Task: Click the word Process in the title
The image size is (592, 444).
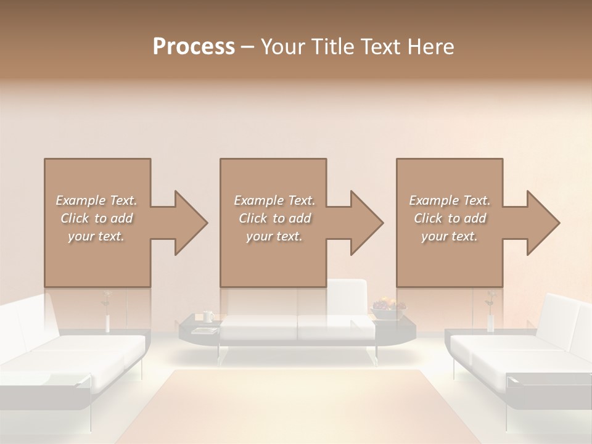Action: (x=194, y=46)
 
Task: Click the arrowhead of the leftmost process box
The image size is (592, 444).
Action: (x=188, y=223)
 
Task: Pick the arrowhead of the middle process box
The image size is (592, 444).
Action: (x=364, y=223)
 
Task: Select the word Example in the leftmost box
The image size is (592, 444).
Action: (x=80, y=200)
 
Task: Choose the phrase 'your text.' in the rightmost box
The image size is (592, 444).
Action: (x=450, y=236)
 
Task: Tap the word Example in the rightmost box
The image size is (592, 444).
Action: (x=434, y=200)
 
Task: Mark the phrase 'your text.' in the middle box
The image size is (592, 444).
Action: (x=274, y=236)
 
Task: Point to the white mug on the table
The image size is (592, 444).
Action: (x=208, y=317)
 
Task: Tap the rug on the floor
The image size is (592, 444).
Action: (x=296, y=407)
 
